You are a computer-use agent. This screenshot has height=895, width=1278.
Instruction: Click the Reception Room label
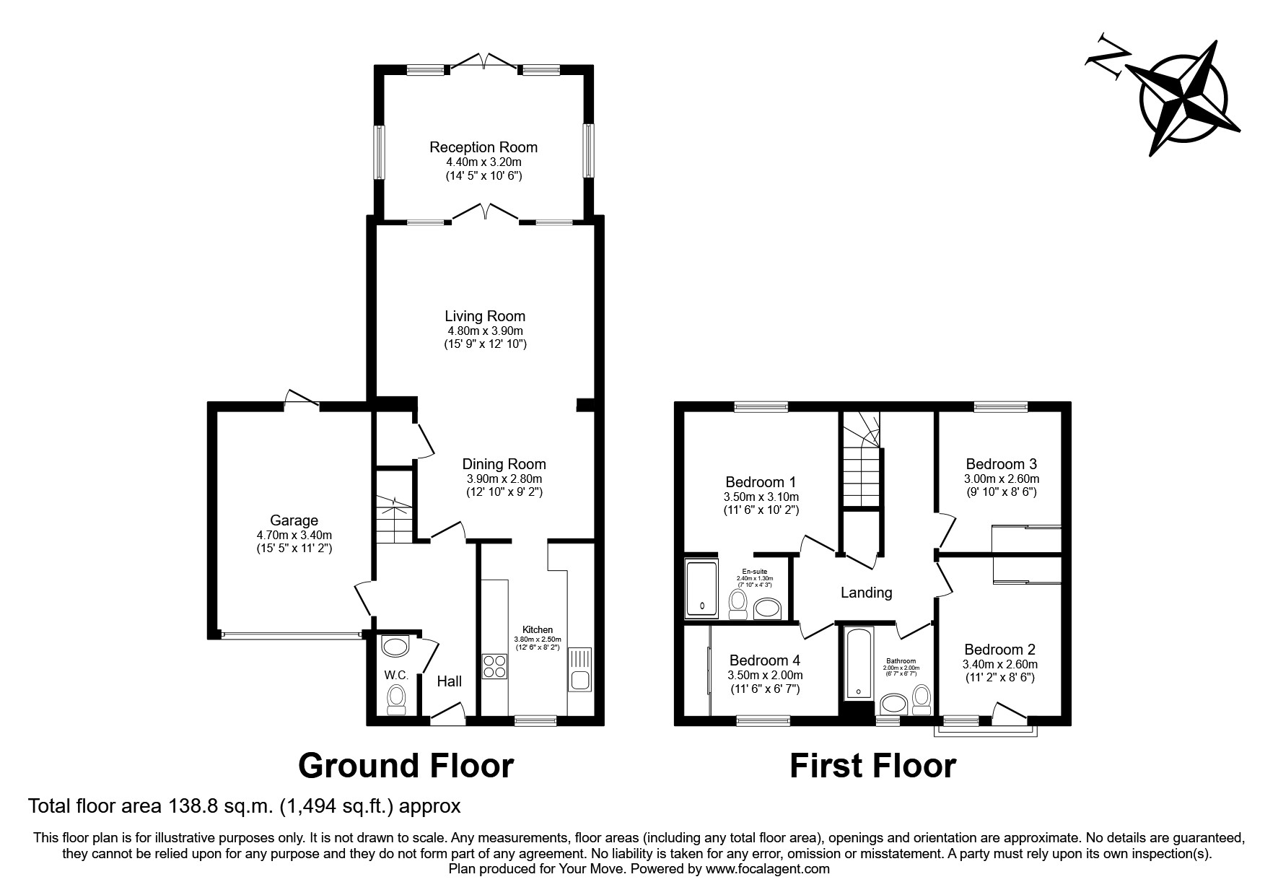pos(483,147)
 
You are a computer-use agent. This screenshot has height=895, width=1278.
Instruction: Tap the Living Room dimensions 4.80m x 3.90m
pos(485,331)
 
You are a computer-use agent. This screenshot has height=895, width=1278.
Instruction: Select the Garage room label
pos(294,520)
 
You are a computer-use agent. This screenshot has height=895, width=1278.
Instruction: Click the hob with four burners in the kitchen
pos(494,665)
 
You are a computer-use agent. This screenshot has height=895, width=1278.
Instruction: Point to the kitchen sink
pos(580,670)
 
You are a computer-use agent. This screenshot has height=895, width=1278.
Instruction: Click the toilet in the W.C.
pos(396,699)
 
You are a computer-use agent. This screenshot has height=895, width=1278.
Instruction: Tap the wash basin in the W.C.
pos(395,646)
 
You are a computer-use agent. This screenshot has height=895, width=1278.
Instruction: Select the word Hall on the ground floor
pos(450,681)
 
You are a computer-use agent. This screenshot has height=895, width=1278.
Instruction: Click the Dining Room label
pos(504,464)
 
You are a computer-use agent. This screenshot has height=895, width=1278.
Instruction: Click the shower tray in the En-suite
pos(701,589)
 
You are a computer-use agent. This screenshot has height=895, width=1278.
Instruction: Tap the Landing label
pos(866,593)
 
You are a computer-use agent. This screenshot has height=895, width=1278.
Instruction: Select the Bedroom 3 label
pos(1001,464)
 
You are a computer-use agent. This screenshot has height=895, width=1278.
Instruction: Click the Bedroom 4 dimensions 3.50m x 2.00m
pos(764,676)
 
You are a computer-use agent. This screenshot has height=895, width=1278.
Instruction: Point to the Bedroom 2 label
pos(999,650)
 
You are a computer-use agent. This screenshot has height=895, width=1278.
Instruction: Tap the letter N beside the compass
pos(1108,53)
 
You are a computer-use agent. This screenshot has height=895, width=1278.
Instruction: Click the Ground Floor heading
pos(406,766)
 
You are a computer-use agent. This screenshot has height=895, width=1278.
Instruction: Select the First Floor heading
pos(872,766)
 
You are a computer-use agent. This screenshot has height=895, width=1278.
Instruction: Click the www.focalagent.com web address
pos(768,869)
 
